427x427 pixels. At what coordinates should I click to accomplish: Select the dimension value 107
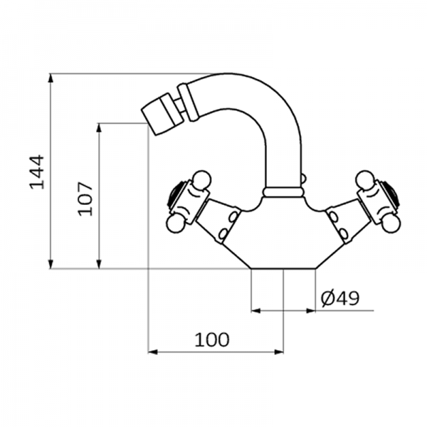[x=85, y=196]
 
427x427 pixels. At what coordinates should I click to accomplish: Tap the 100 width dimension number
[x=213, y=339]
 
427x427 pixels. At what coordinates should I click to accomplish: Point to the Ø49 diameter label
[x=339, y=298]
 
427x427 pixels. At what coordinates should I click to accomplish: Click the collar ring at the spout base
[x=283, y=191]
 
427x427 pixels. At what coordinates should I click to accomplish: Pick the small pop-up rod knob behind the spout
[x=304, y=179]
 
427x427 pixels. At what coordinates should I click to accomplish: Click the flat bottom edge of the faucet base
[x=283, y=268]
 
